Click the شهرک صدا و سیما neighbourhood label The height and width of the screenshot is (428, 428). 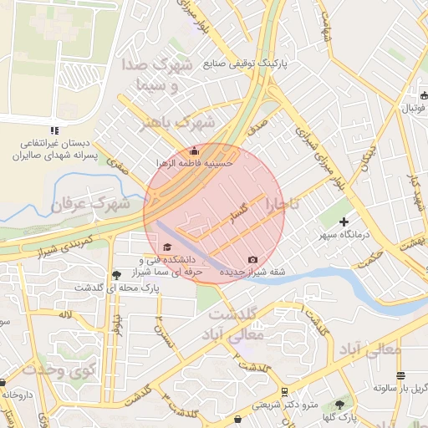(164, 75)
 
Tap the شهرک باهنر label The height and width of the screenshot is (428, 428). (177, 123)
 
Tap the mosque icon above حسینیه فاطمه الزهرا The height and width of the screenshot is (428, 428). (195, 150)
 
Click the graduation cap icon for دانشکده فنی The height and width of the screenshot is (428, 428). (166, 247)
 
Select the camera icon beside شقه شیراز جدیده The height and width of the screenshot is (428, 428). (253, 259)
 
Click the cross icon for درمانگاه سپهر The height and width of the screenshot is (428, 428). (344, 222)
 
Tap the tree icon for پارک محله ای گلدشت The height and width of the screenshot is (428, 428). (115, 274)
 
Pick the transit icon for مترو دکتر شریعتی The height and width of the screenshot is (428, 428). (285, 391)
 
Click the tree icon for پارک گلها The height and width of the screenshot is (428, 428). (339, 404)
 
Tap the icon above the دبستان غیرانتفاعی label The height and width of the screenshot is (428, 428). (54, 130)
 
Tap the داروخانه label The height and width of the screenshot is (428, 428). (17, 394)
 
